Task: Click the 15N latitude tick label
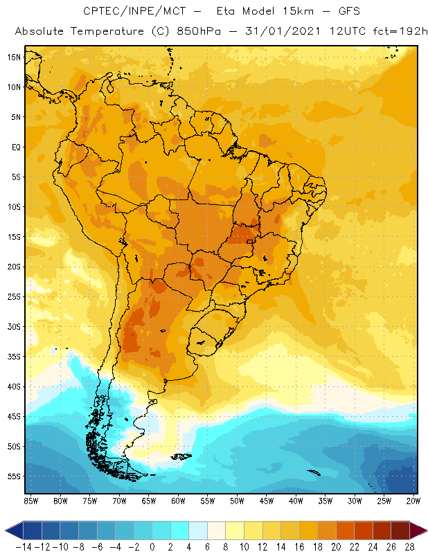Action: [x=15, y=57]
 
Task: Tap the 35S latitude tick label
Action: [x=15, y=357]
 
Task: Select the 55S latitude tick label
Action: [x=15, y=476]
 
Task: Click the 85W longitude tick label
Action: [x=30, y=500]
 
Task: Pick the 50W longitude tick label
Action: [x=237, y=500]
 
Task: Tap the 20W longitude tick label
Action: [x=414, y=500]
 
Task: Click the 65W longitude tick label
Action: [x=149, y=500]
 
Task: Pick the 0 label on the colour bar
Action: [x=152, y=546]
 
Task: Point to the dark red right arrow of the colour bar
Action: [x=418, y=530]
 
